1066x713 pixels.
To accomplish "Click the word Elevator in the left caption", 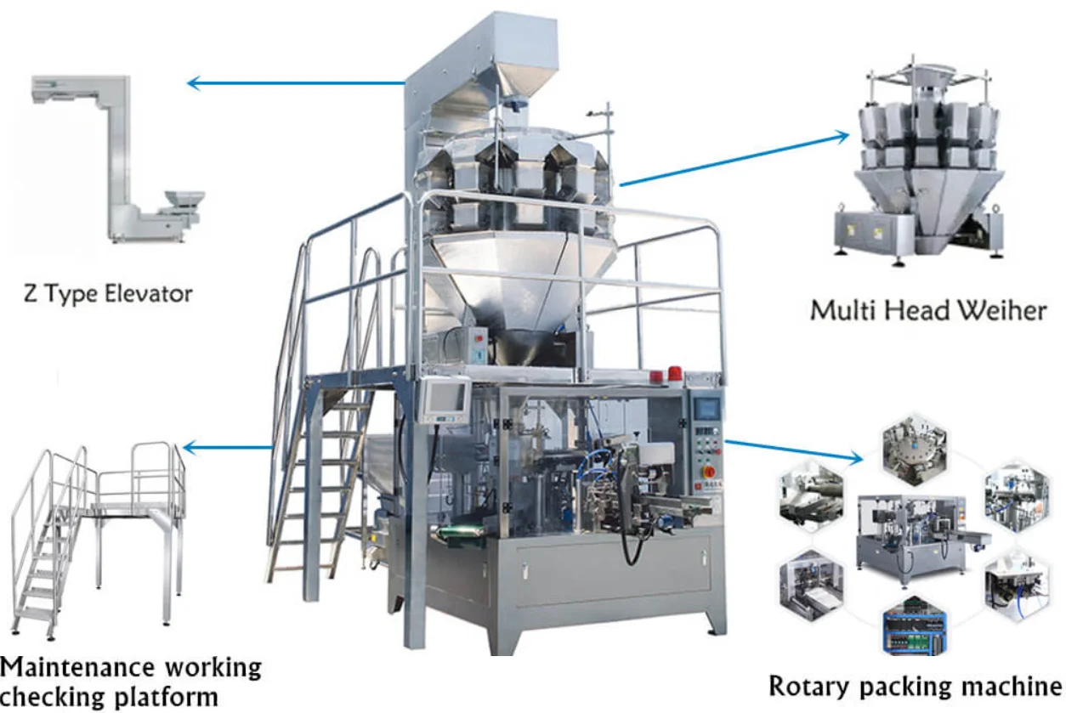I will click(150, 295).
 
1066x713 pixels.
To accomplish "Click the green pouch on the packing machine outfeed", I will click(459, 533).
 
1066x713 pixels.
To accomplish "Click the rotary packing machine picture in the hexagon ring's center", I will click(913, 536).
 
